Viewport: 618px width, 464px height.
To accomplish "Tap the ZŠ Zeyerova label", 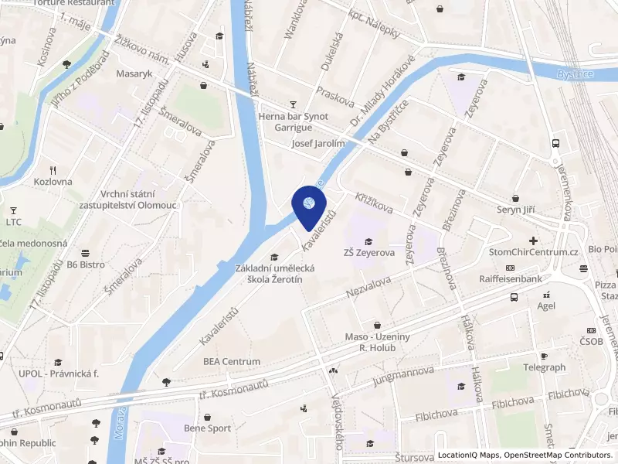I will click(x=369, y=252).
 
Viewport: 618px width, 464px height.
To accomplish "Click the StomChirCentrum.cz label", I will click(x=534, y=252).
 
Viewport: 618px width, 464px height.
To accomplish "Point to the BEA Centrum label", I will click(x=232, y=361).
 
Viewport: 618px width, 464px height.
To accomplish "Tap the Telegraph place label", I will click(x=544, y=367).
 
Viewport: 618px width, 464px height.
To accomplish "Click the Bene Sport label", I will click(x=207, y=428).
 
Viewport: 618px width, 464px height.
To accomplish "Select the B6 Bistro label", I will click(x=85, y=264).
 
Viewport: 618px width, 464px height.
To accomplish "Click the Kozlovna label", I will click(x=53, y=182).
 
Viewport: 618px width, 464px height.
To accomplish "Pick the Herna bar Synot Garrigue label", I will click(x=293, y=122).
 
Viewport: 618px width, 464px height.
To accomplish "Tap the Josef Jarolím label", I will click(x=317, y=144).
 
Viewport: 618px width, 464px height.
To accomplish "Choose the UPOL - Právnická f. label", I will click(x=59, y=374).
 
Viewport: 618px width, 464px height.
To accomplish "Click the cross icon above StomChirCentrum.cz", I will click(x=534, y=241).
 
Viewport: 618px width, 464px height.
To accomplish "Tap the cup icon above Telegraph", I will click(x=544, y=356).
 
